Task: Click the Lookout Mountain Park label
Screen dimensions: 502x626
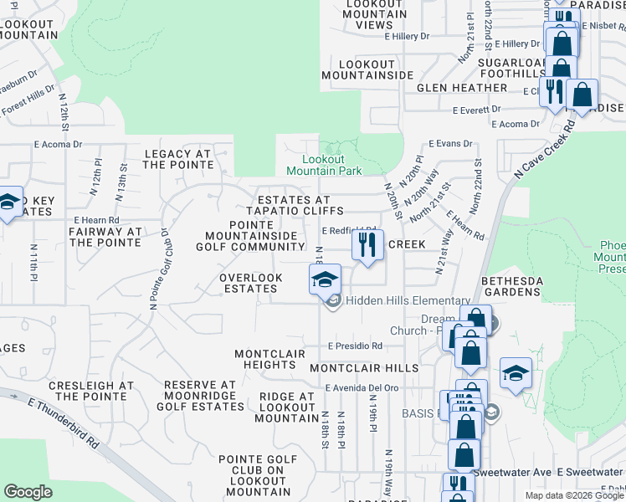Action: [x=324, y=165]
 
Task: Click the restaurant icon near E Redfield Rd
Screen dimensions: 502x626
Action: [x=366, y=245]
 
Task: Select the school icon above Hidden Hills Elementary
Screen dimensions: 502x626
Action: [x=324, y=279]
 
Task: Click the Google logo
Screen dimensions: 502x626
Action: [x=28, y=492]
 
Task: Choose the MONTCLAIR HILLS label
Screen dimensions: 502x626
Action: [x=363, y=368]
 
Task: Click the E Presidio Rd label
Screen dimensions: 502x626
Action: [x=355, y=346]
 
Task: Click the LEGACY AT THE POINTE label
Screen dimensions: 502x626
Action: [x=178, y=159]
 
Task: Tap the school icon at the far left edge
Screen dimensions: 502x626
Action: [x=8, y=202]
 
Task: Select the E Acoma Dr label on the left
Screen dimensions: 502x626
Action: [x=58, y=144]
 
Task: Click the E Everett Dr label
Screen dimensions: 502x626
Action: [x=476, y=110]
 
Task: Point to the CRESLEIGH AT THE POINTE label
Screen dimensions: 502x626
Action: [x=91, y=391]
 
